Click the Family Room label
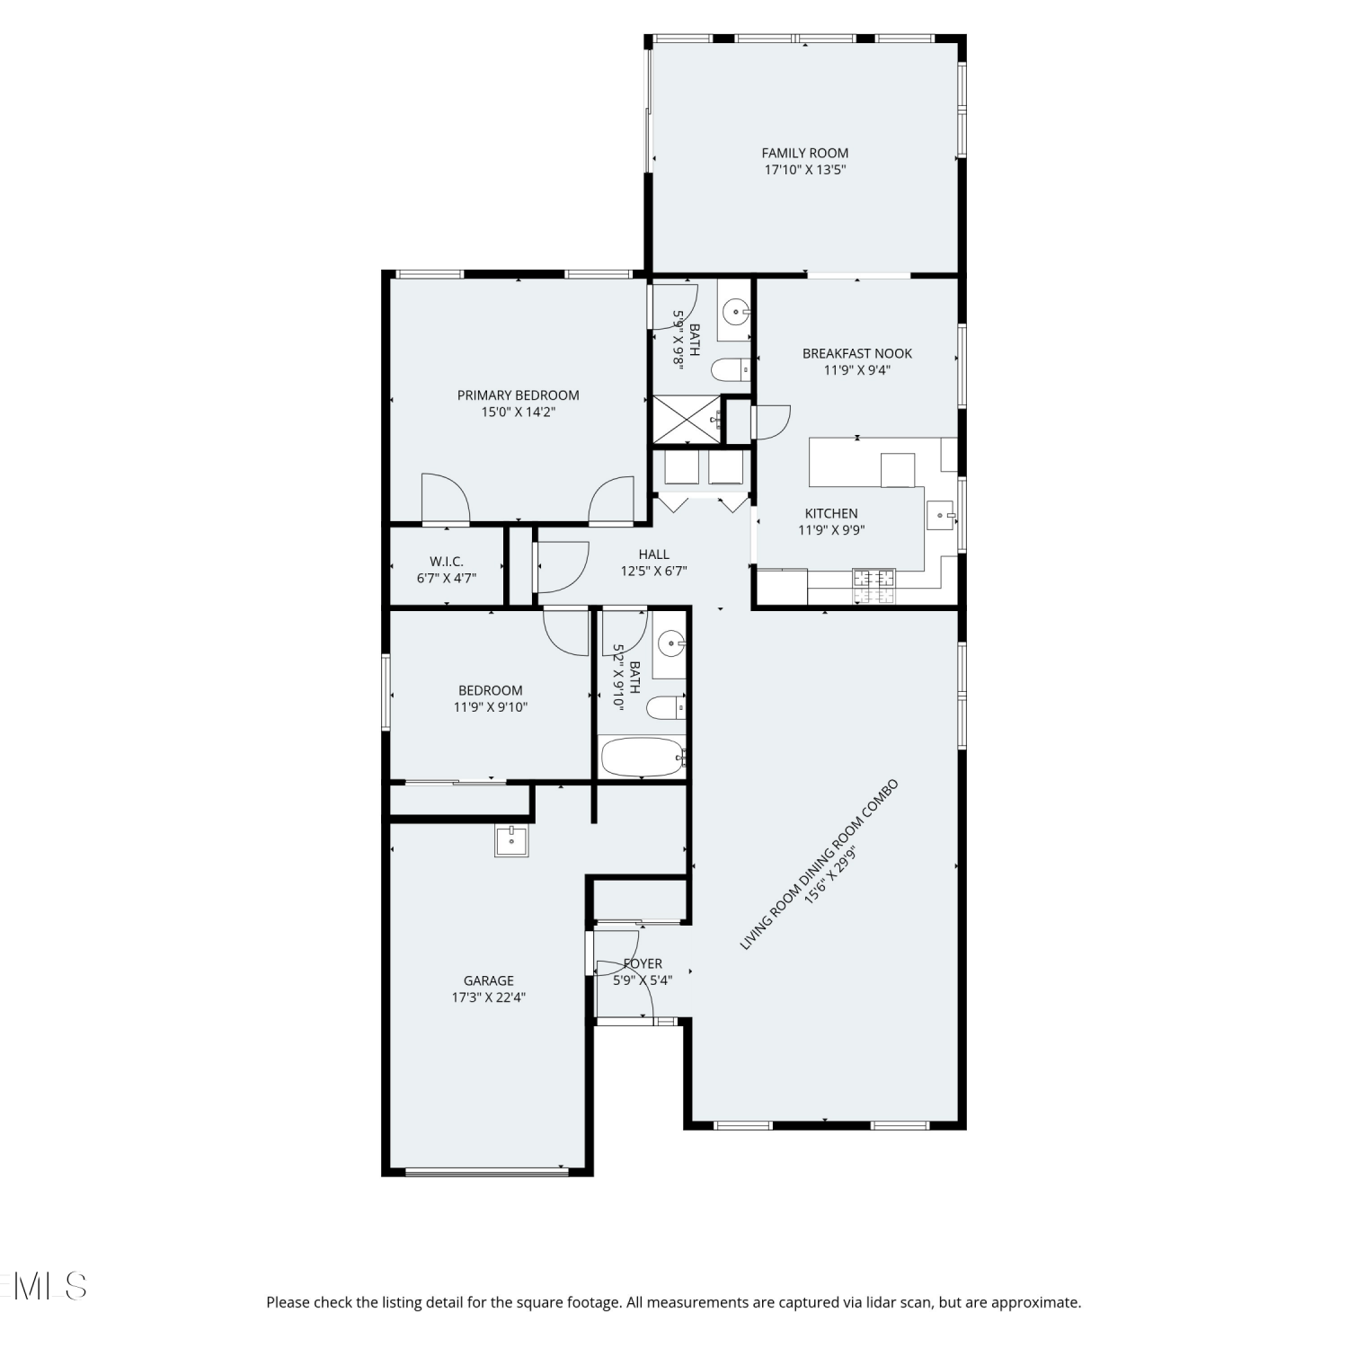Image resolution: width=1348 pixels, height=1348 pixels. pyautogui.click(x=804, y=154)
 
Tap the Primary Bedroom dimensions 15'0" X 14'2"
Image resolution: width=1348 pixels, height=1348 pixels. pyautogui.click(x=519, y=412)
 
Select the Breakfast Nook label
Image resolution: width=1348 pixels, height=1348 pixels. pyautogui.click(x=857, y=354)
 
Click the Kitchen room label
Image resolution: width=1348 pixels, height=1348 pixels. pyautogui.click(x=831, y=514)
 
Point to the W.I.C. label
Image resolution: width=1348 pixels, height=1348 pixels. pyautogui.click(x=447, y=562)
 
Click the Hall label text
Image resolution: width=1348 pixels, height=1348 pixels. pyautogui.click(x=654, y=554)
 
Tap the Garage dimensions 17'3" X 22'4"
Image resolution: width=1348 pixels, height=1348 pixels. pyautogui.click(x=489, y=998)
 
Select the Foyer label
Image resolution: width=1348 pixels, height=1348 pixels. pyautogui.click(x=643, y=964)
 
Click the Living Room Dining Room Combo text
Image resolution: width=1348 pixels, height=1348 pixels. pyautogui.click(x=819, y=865)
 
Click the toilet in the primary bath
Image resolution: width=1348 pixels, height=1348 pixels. pyautogui.click(x=731, y=368)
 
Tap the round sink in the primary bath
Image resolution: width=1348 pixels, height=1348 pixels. pyautogui.click(x=736, y=313)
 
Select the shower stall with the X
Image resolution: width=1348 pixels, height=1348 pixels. pyautogui.click(x=687, y=420)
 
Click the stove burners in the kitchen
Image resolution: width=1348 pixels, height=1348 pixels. pyautogui.click(x=874, y=586)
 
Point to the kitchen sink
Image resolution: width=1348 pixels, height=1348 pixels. pyautogui.click(x=940, y=516)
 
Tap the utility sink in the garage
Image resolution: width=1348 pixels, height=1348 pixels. pyautogui.click(x=511, y=841)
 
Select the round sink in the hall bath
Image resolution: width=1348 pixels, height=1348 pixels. pyautogui.click(x=670, y=643)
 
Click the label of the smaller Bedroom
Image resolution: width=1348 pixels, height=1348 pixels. pyautogui.click(x=491, y=691)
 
